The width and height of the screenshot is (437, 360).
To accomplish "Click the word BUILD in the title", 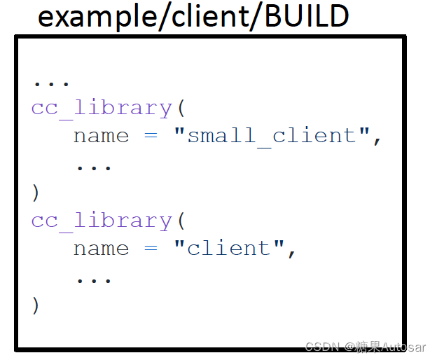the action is point(307,17).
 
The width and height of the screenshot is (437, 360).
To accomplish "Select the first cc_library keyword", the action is point(102,108).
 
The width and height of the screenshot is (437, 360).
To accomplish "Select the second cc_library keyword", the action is point(102,221).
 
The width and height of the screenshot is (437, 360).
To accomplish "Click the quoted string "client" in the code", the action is point(229,248).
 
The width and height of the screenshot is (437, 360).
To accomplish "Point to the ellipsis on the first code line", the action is point(51,83).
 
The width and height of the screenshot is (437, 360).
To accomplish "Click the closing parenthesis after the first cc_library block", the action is point(36,192).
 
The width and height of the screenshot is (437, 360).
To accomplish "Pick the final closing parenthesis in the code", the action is point(36,305).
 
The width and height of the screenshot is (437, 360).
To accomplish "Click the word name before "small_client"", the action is point(101,135).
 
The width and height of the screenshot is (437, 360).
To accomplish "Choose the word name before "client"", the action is point(101,248).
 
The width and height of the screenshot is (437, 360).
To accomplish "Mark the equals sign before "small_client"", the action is point(151,135).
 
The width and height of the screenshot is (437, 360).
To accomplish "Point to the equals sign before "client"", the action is point(151,248).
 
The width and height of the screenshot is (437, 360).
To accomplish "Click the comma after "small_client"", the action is point(377,140).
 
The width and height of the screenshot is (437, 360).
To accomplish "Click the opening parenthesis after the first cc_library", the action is point(180,109).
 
